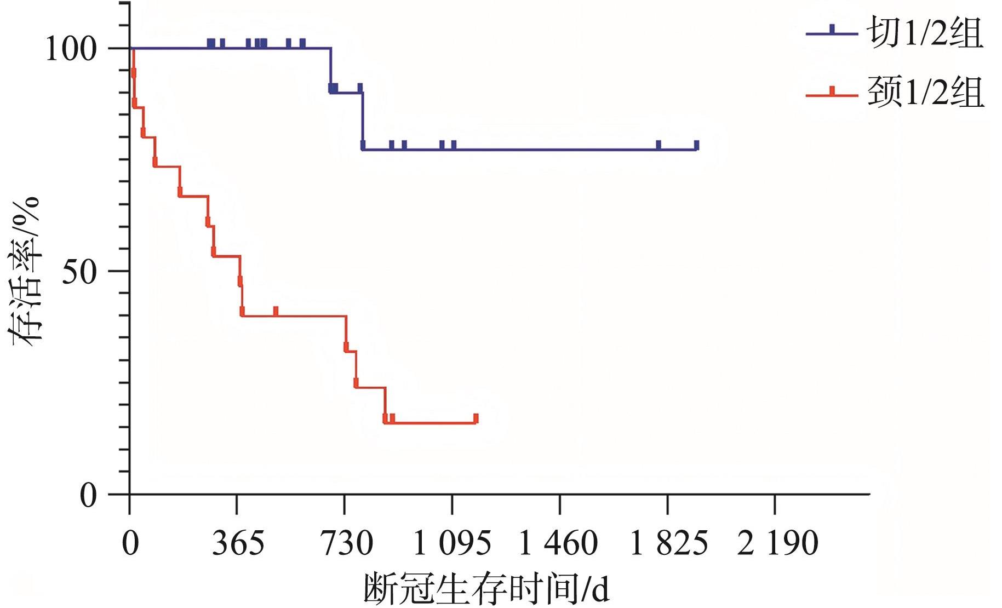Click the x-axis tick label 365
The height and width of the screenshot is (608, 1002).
238,543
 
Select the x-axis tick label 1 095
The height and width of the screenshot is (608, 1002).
451,543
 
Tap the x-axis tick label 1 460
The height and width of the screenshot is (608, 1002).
558,543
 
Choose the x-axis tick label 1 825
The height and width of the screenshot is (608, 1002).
669,543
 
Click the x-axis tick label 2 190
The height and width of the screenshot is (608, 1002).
777,543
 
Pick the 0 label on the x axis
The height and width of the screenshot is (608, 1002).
130,543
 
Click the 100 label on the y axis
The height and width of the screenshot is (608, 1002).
71,49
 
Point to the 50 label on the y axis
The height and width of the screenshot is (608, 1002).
79,272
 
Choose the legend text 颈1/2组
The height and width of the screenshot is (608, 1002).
925,91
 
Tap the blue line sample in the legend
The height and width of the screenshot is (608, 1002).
832,32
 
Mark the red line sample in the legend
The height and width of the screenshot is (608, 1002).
832,94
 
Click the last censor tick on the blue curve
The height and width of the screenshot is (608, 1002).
696,145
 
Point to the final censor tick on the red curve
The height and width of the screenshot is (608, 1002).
476,418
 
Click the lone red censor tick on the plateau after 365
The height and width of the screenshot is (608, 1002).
276,311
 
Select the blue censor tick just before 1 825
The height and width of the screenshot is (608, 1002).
659,145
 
